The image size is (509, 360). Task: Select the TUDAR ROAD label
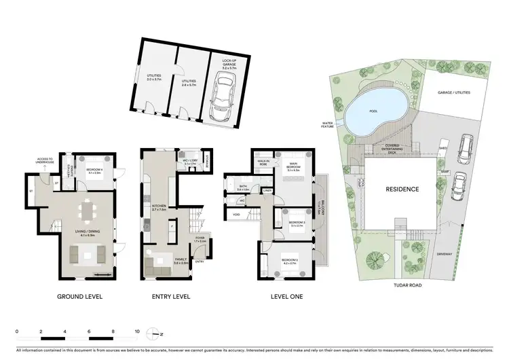(x=407, y=285)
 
